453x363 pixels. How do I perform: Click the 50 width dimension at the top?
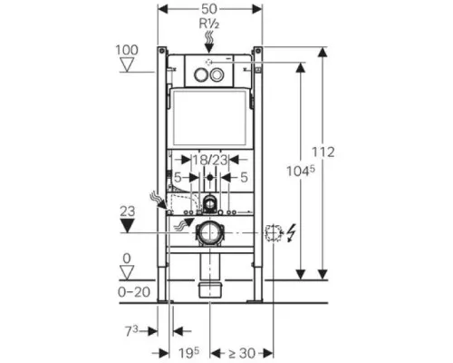pos(209,9)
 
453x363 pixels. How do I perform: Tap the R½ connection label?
pos(209,24)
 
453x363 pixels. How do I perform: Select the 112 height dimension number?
pos(323,152)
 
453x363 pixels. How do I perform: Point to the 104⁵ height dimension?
pos(301,171)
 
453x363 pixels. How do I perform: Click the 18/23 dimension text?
pos(210,160)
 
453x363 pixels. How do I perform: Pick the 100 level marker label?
pos(127,50)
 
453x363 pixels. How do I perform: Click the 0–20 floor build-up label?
pos(134,292)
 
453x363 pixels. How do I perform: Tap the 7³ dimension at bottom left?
pos(131,331)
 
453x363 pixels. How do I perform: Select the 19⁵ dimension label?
pos(188,353)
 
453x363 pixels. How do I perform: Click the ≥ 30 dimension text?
pos(242,353)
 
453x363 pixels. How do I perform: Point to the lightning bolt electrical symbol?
pos(291,234)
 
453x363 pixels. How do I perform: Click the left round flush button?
pos(200,74)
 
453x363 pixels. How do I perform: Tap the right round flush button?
pos(217,74)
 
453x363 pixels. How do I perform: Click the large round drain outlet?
pos(209,233)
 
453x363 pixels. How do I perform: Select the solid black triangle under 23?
pos(127,226)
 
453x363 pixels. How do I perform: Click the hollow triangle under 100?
pos(127,64)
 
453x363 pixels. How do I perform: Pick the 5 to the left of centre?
pos(178,178)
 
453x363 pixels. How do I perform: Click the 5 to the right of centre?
pos(244,177)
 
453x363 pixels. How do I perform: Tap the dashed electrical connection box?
pos(274,233)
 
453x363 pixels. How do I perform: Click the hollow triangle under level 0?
pos(127,272)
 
